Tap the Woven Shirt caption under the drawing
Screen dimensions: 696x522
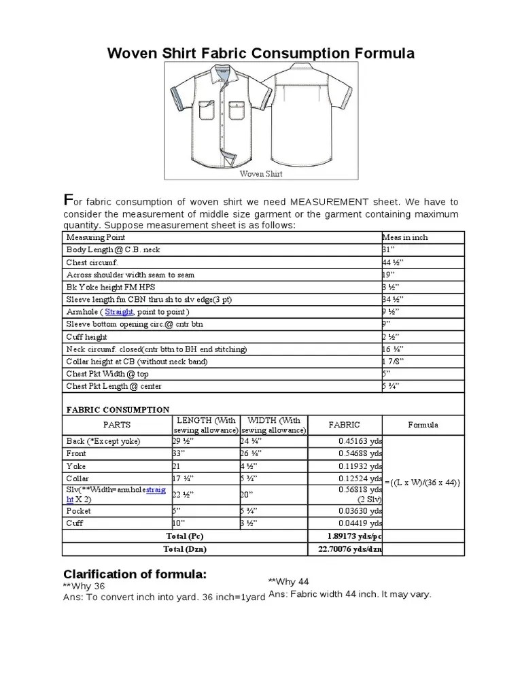coord(260,173)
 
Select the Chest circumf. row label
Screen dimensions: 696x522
coord(92,262)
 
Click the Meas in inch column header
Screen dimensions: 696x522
coord(405,237)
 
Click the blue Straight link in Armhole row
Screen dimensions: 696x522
coord(120,312)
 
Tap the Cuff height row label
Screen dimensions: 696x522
coord(86,337)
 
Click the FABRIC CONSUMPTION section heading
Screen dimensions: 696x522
coord(118,410)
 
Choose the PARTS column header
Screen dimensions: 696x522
coord(116,425)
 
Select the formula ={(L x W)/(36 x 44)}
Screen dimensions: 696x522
coord(423,483)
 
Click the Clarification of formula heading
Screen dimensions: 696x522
coord(134,574)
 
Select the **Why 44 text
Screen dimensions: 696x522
coord(289,582)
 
